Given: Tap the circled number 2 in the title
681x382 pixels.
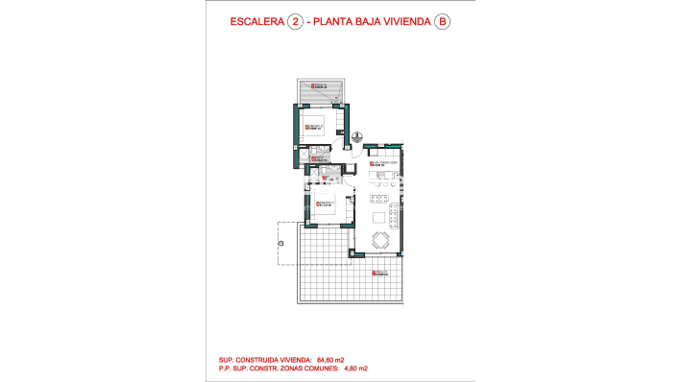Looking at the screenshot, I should pos(295,21).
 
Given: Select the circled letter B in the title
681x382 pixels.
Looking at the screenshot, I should pos(441,21).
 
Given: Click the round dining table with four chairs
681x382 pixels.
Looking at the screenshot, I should pos(381,240).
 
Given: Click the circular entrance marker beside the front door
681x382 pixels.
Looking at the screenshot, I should pos(356,135).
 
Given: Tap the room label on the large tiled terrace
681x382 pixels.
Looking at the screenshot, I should pos(382,275).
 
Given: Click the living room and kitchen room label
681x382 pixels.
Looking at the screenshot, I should pos(383,163).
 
